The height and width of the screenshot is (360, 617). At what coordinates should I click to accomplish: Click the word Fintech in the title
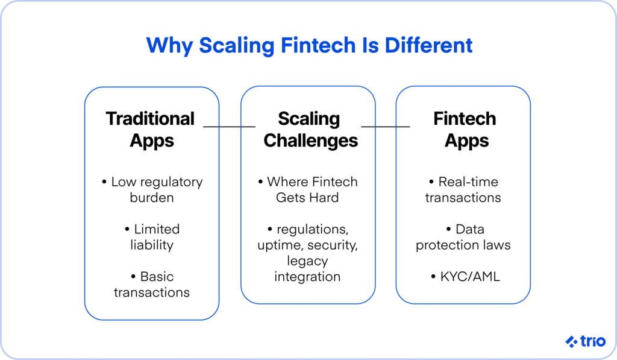pyautogui.click(x=318, y=45)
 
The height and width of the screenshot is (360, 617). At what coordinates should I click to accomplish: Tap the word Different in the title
pyautogui.click(x=428, y=45)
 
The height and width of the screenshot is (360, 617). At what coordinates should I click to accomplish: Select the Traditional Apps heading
pyautogui.click(x=151, y=130)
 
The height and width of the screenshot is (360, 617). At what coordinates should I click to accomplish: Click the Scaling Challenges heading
pyautogui.click(x=310, y=130)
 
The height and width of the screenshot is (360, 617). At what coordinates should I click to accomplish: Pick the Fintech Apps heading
pyautogui.click(x=466, y=130)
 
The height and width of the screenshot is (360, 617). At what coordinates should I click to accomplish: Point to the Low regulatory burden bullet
pyautogui.click(x=152, y=189)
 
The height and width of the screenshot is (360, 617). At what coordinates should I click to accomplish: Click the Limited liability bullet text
pyautogui.click(x=152, y=237)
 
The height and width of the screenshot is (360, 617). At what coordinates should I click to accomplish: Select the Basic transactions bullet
pyautogui.click(x=152, y=285)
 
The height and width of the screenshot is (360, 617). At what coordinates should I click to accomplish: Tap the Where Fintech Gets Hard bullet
pyautogui.click(x=308, y=189)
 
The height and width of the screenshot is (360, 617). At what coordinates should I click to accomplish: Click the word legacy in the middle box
pyautogui.click(x=307, y=261)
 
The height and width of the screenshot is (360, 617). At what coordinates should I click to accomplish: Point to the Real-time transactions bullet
pyautogui.click(x=463, y=189)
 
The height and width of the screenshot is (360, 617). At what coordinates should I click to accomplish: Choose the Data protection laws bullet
pyautogui.click(x=463, y=237)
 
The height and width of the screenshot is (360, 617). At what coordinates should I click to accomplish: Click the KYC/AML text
pyautogui.click(x=466, y=277)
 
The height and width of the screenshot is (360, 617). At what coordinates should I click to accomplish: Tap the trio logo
pyautogui.click(x=586, y=341)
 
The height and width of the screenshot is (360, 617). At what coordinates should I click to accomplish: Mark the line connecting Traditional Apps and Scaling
pyautogui.click(x=230, y=127)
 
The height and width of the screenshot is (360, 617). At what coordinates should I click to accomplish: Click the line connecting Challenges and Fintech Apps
pyautogui.click(x=386, y=127)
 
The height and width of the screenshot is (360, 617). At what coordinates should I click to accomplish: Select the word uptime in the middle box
pyautogui.click(x=280, y=245)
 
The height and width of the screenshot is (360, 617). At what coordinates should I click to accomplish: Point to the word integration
pyautogui.click(x=307, y=277)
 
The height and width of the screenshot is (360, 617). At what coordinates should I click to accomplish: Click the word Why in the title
pyautogui.click(x=169, y=46)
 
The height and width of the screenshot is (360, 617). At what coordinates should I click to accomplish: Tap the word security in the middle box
pyautogui.click(x=333, y=245)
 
